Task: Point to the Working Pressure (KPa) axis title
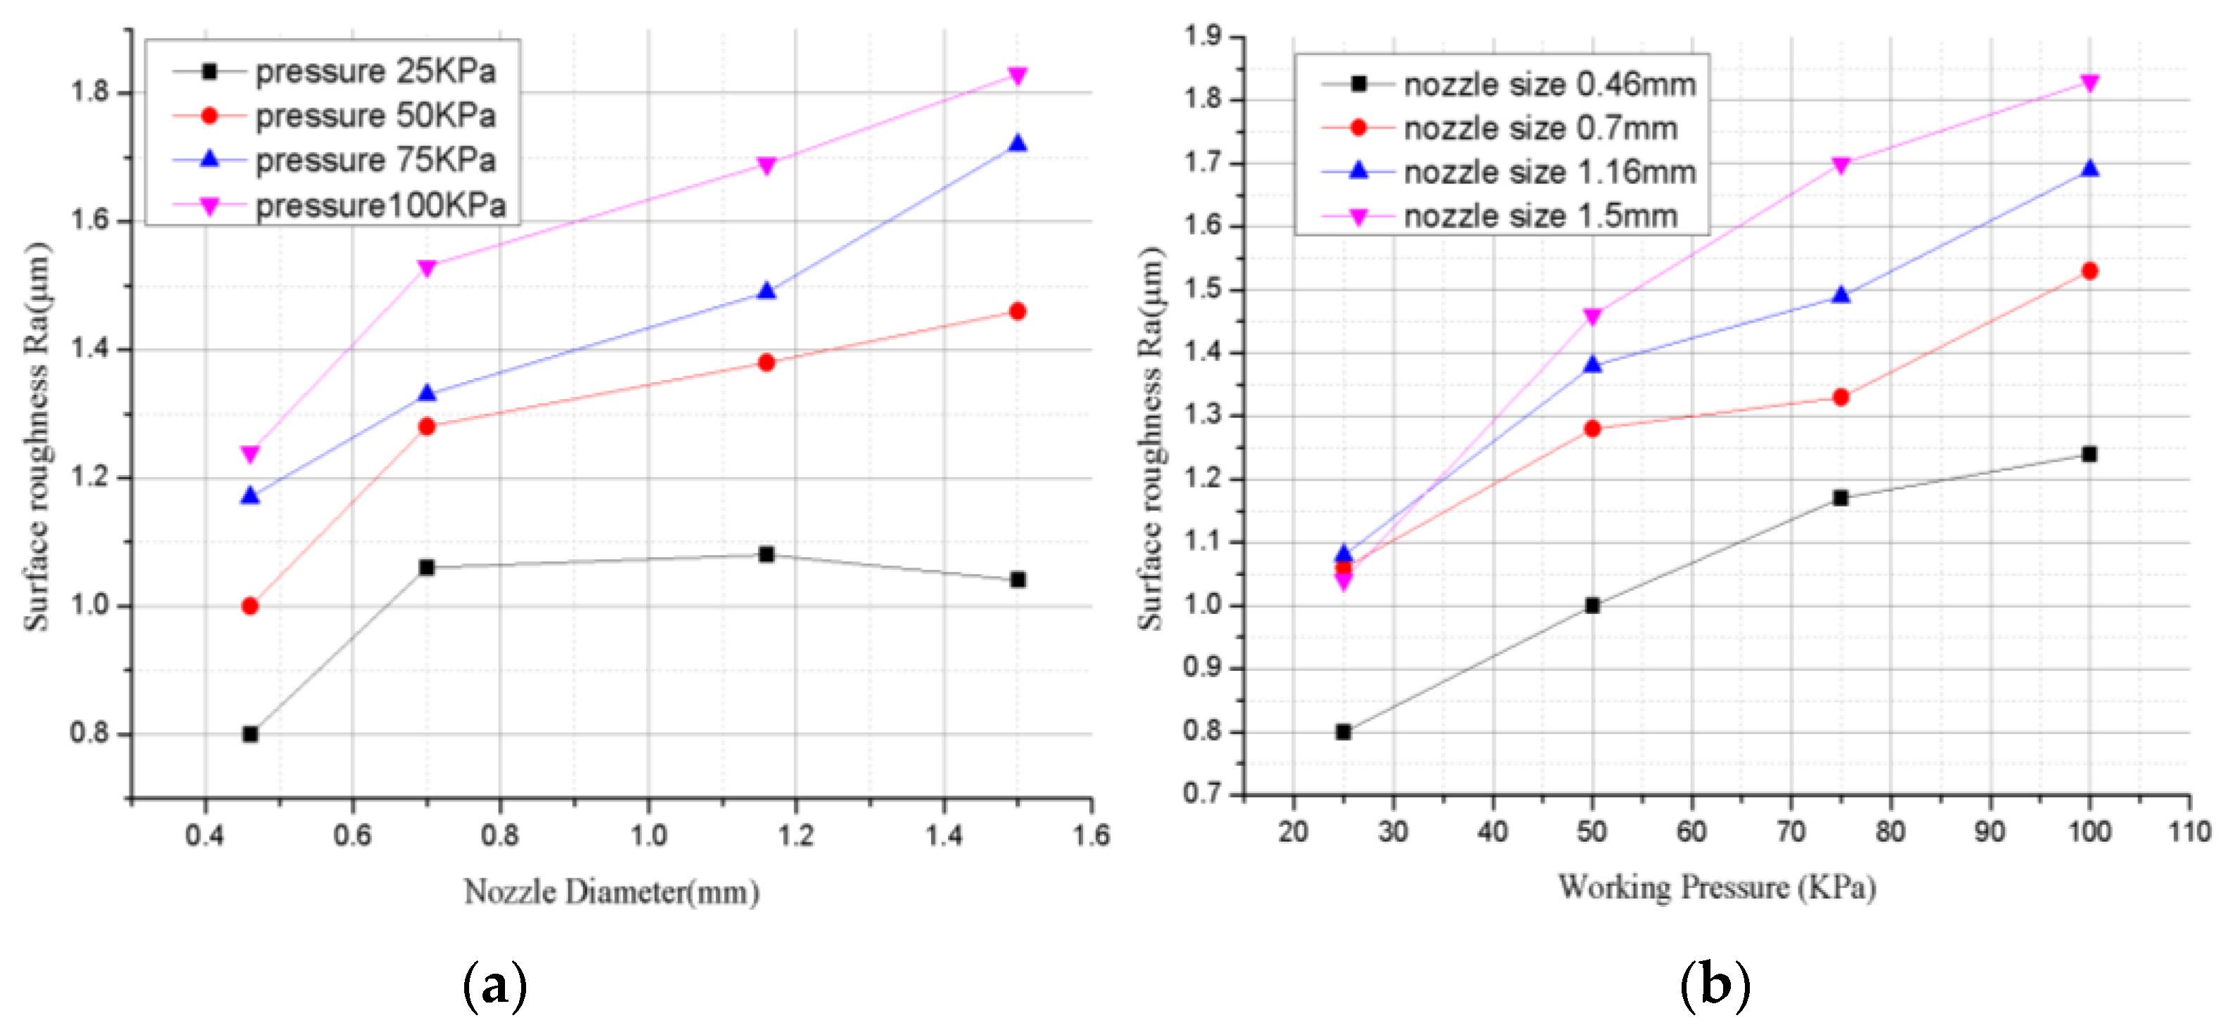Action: point(1716,888)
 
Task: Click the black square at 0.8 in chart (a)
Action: point(250,734)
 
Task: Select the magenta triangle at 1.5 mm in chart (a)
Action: point(1017,76)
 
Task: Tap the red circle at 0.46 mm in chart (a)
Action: point(250,606)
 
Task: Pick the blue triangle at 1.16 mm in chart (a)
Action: point(766,291)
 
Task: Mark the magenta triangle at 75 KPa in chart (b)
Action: point(1841,165)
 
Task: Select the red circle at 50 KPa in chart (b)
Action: point(1592,429)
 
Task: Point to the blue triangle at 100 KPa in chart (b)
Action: point(2090,169)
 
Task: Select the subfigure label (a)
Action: point(494,984)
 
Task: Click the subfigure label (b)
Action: point(1715,984)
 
